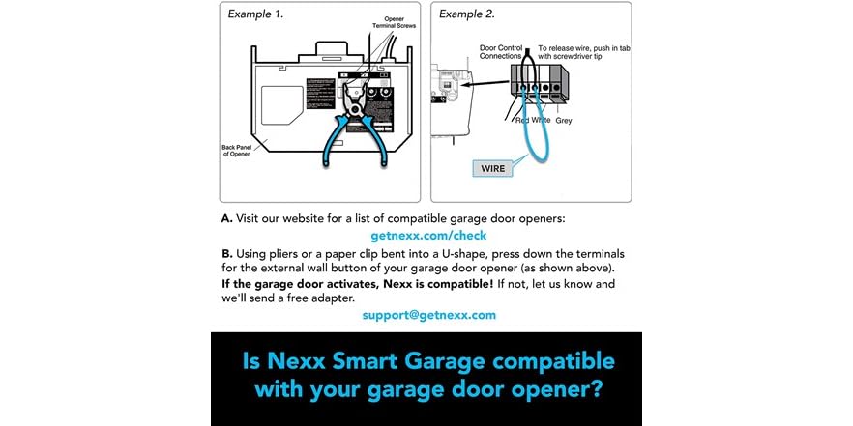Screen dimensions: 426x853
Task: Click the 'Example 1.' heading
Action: [x=257, y=14]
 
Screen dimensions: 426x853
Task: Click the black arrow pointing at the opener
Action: [x=477, y=86]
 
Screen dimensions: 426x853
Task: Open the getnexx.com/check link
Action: [x=428, y=236]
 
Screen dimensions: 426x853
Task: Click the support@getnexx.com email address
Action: [x=428, y=315]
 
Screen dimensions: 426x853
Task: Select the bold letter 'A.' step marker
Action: [x=226, y=218]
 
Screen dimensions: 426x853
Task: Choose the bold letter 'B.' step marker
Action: [x=226, y=253]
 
